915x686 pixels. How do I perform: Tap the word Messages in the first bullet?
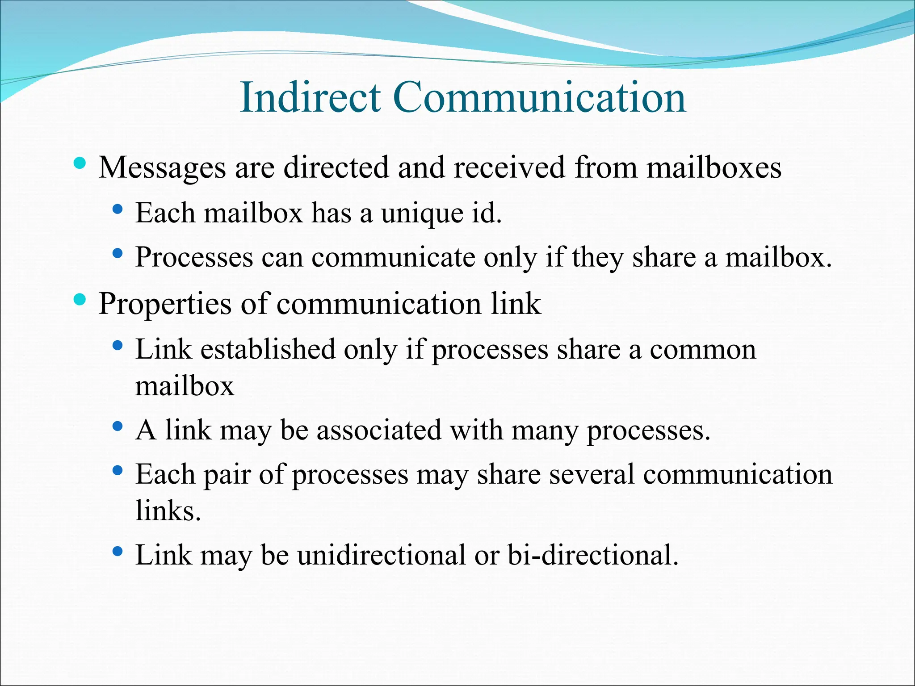point(162,168)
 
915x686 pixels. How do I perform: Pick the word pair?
point(227,475)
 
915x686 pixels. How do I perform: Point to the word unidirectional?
point(382,555)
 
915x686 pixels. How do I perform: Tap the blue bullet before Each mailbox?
point(118,209)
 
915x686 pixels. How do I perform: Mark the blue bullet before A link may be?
point(118,426)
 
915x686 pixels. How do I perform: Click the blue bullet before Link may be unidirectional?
point(118,551)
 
